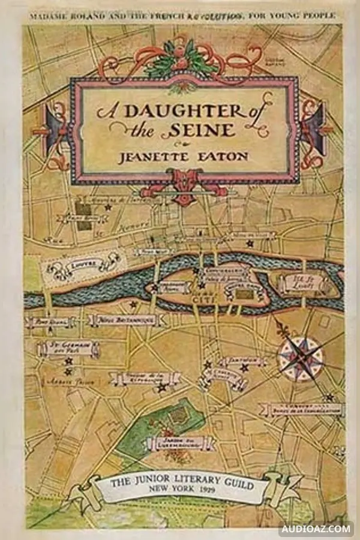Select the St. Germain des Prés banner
pyautogui.click(x=68, y=347)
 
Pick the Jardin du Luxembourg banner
pyautogui.click(x=180, y=443)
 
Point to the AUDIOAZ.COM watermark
pyautogui.click(x=316, y=529)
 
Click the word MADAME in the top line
pyautogui.click(x=46, y=16)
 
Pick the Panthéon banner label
pyautogui.click(x=241, y=361)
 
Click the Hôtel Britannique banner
pyautogui.click(x=128, y=320)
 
